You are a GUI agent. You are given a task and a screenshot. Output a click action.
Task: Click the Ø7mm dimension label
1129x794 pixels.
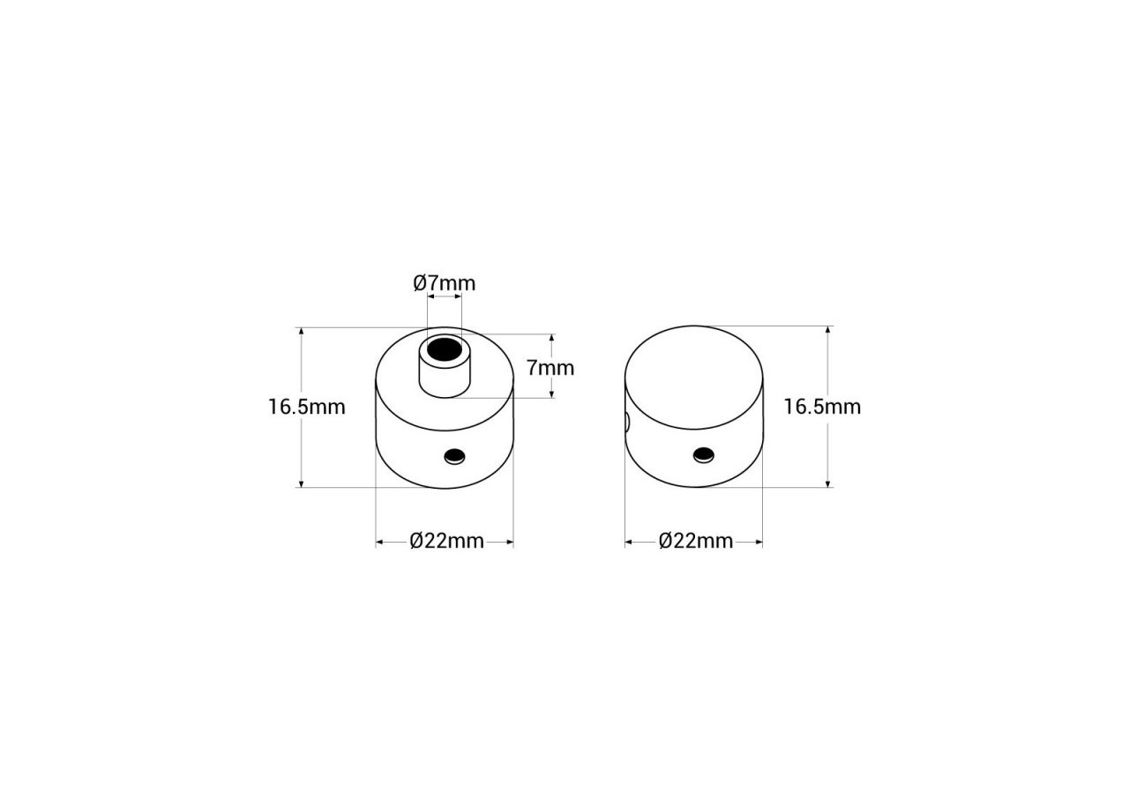[444, 283]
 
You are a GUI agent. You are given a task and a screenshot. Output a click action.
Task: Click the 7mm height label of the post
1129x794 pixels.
[550, 367]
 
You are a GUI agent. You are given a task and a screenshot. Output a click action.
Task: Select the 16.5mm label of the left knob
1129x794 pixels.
[307, 407]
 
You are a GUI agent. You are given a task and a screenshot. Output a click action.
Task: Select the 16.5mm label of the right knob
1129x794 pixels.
[822, 407]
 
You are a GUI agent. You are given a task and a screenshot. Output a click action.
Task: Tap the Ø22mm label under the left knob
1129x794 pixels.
[446, 541]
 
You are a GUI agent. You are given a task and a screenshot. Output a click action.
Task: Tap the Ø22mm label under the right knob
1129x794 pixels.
[696, 541]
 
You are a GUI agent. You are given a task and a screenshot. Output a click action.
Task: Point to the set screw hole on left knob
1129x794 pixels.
[454, 455]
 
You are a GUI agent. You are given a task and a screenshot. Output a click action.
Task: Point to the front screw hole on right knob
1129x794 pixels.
[703, 454]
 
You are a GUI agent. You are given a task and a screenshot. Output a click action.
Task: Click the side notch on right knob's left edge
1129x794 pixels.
[628, 423]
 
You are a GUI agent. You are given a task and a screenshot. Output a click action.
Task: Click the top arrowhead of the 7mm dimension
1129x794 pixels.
[552, 338]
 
